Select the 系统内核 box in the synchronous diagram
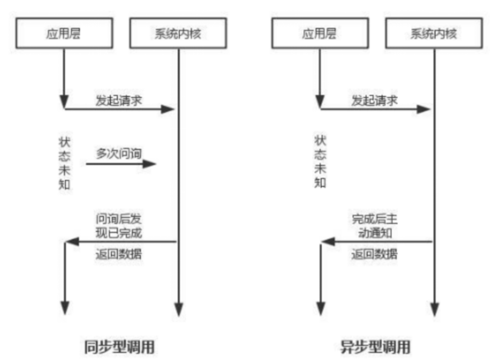click(177, 34)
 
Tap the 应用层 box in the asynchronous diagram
click(319, 34)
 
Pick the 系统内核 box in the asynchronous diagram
click(434, 34)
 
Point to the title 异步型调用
click(376, 346)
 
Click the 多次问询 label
click(119, 154)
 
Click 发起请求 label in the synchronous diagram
click(119, 100)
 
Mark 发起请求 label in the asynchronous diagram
click(375, 100)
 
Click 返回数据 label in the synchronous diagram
click(119, 255)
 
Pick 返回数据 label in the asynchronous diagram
click(375, 255)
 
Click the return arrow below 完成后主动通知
click(376, 242)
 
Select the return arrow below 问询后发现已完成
click(121, 242)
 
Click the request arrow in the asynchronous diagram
click(375, 109)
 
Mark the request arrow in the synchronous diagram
click(120, 109)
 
